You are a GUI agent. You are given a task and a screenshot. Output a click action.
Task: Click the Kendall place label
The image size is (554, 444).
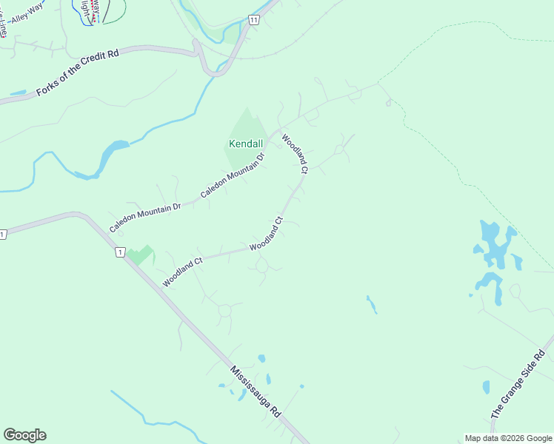245,143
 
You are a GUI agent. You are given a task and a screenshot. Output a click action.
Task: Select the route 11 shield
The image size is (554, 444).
253,20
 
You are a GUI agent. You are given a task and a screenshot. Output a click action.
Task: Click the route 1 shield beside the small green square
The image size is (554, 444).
119,252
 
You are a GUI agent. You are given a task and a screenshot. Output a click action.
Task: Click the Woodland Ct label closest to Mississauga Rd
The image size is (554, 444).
182,272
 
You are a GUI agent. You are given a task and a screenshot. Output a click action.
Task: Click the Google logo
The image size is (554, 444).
24,435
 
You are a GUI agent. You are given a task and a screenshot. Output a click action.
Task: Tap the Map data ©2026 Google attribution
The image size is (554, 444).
508,438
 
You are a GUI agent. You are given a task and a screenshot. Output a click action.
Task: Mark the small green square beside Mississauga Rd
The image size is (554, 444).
140,255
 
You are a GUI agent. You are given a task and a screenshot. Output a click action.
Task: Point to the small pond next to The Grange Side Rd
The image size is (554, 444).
486,387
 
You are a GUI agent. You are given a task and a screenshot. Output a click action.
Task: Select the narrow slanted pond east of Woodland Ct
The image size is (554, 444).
371,304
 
